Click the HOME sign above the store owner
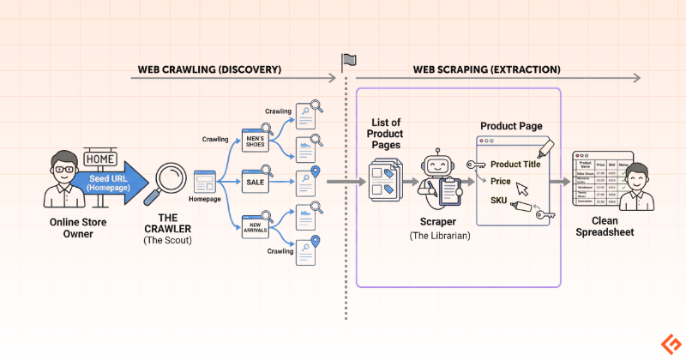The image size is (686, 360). pyautogui.click(x=101, y=159)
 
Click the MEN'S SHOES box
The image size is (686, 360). pyautogui.click(x=256, y=140)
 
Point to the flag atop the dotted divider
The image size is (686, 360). pyautogui.click(x=348, y=61)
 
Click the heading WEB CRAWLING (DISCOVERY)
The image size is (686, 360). pyautogui.click(x=208, y=69)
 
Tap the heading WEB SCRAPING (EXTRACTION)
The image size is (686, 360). pyautogui.click(x=487, y=69)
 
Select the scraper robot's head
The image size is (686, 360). pyautogui.click(x=438, y=160)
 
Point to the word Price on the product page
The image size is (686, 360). pyautogui.click(x=501, y=182)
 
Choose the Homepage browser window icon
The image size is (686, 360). pyautogui.click(x=204, y=181)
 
